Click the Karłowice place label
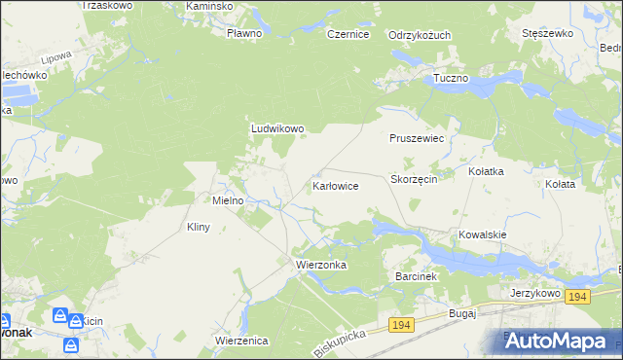[336, 185]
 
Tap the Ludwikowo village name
[278, 127]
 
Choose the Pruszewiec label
[417, 139]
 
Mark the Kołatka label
[486, 171]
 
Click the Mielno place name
[234, 200]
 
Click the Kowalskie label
[484, 234]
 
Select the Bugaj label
[460, 313]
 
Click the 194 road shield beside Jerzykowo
[577, 297]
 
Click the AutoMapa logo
[558, 340]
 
